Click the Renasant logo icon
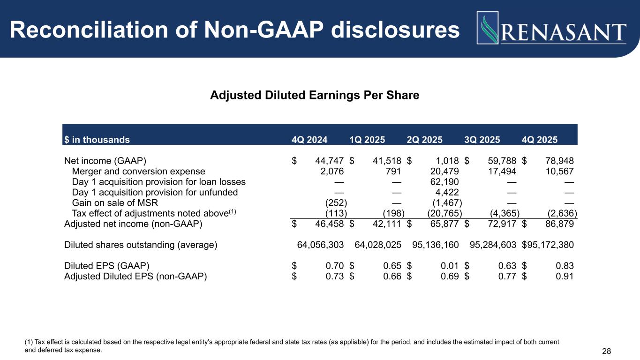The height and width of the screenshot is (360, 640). click(488, 28)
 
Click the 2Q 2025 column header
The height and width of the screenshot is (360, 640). click(425, 140)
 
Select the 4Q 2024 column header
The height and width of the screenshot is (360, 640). click(309, 140)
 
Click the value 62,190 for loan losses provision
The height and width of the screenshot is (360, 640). click(444, 182)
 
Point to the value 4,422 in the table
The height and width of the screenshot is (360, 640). click(447, 192)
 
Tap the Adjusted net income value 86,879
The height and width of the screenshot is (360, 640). click(559, 224)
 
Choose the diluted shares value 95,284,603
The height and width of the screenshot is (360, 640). click(493, 245)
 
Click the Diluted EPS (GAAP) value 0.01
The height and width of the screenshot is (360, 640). click(450, 266)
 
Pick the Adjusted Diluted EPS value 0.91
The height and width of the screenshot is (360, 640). click(565, 276)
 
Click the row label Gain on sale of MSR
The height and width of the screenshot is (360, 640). click(115, 203)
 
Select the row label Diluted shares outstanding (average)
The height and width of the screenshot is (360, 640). click(141, 245)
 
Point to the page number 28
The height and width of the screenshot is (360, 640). click(607, 351)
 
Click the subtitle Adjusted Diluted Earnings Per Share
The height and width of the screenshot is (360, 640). click(315, 95)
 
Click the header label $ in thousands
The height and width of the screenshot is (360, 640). click(97, 140)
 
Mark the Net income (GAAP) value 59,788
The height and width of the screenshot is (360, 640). click(502, 161)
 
